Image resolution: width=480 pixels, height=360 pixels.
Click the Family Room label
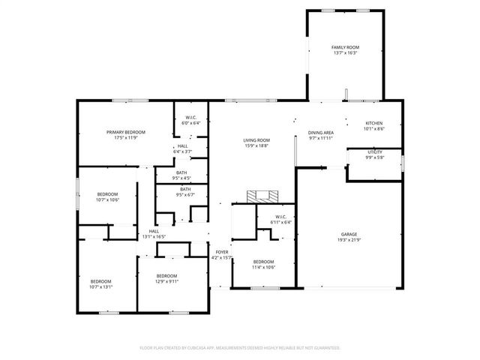tap(345, 50)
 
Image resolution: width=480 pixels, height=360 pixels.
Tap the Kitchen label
tap(373, 126)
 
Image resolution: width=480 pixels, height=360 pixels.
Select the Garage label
tap(349, 237)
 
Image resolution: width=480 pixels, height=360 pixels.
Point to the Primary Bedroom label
tap(125, 135)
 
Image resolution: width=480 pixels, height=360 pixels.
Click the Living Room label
tap(256, 142)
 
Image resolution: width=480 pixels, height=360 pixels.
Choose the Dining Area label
tap(321, 135)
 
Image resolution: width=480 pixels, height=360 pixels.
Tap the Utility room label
tap(375, 154)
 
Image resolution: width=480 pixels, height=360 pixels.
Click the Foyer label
tap(222, 255)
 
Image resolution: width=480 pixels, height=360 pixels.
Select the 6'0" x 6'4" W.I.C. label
tap(185, 121)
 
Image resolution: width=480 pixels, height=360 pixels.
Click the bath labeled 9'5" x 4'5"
tap(182, 175)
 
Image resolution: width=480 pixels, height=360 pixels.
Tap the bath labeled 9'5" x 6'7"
tap(184, 192)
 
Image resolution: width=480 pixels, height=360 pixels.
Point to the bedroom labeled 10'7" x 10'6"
tap(107, 197)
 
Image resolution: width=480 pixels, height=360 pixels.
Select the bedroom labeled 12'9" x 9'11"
tap(166, 279)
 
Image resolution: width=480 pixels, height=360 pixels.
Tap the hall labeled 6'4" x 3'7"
tap(183, 148)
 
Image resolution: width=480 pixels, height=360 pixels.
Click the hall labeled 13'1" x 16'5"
tap(153, 234)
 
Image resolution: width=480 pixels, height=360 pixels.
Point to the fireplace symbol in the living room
tap(262, 196)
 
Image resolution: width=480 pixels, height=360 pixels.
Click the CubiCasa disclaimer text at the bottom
tap(240, 348)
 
